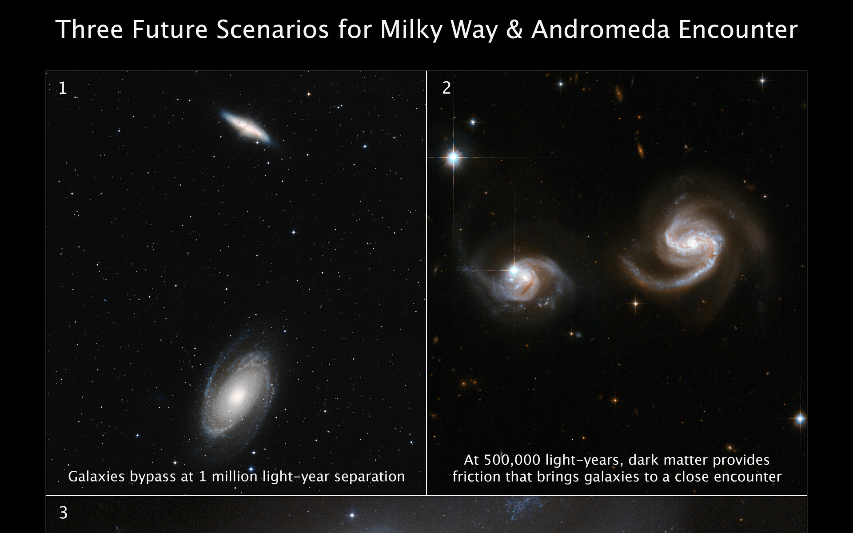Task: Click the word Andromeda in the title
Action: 600,30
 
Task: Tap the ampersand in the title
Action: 514,30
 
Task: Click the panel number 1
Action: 63,88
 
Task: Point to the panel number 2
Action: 446,88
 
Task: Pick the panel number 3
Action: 64,513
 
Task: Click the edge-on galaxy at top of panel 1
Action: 246,127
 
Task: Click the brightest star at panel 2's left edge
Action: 453,157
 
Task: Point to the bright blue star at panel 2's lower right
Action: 800,418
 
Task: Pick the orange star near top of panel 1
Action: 308,94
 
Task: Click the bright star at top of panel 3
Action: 352,516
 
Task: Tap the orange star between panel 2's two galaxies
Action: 635,303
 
